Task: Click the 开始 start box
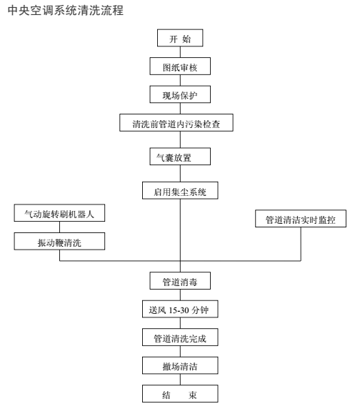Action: coord(180,38)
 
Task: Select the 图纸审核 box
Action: coord(180,66)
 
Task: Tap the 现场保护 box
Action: coord(180,94)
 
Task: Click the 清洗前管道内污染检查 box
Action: coord(176,122)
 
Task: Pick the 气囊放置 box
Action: coord(180,157)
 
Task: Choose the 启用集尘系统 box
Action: coord(180,190)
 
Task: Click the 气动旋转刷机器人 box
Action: coord(59,213)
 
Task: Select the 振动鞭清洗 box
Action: coord(59,241)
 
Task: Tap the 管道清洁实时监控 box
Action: coord(301,219)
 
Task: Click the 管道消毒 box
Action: coord(180,281)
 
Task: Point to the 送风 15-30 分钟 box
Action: coord(180,309)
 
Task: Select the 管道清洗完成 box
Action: coord(180,337)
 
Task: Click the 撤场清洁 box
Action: coord(180,365)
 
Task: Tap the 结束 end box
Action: coord(180,393)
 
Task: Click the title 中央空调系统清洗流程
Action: coord(66,11)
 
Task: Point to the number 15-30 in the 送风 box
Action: coord(179,310)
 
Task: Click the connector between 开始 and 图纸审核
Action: coord(180,52)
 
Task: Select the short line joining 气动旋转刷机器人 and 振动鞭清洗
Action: coord(60,227)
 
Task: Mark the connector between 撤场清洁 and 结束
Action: coord(180,380)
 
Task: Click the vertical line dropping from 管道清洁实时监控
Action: coord(301,244)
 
